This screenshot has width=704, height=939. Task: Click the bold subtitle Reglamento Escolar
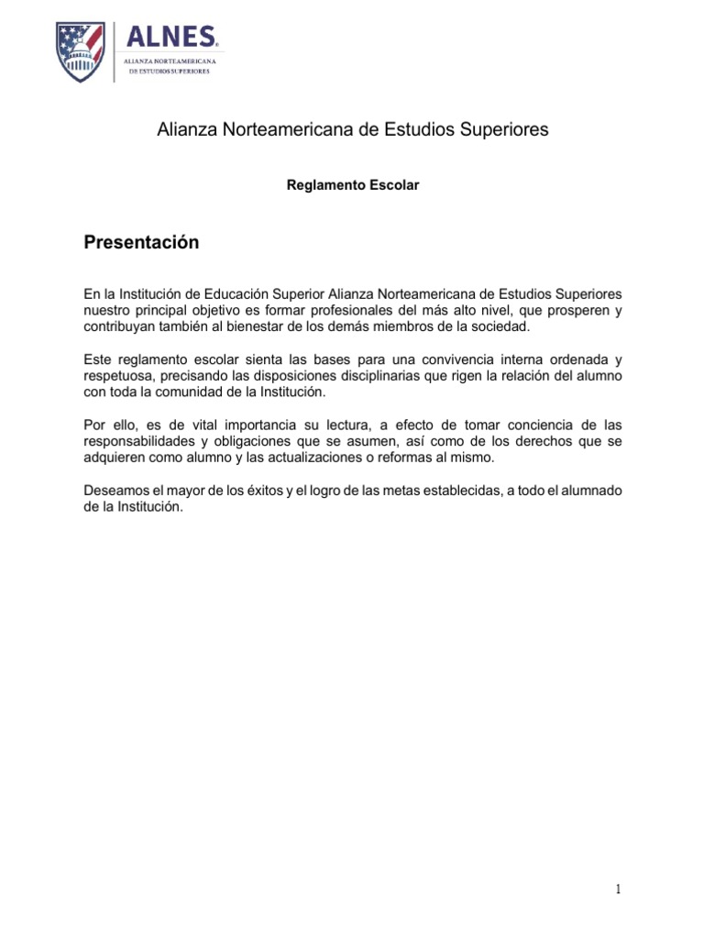click(x=353, y=185)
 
